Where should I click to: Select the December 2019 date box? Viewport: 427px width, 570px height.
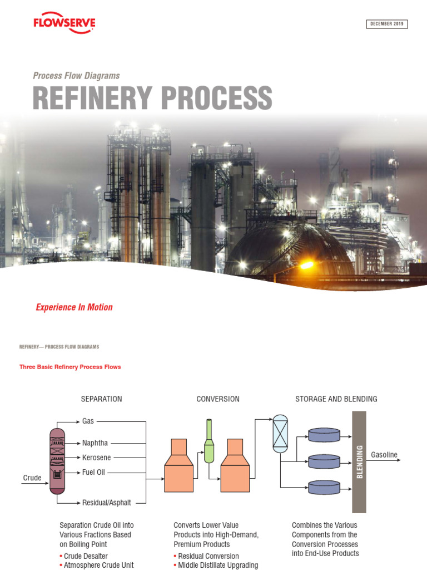(x=387, y=24)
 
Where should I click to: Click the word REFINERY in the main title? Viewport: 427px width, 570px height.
(x=92, y=98)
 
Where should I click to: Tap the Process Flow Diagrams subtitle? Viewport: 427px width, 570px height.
(x=76, y=76)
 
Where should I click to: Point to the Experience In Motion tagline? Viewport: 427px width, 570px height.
(x=74, y=307)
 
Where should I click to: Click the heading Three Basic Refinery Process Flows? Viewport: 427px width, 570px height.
(x=70, y=367)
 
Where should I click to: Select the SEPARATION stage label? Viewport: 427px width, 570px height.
(x=101, y=399)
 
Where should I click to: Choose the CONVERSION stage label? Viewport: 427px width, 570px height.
(x=218, y=399)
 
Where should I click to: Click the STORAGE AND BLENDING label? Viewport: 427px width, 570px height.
(x=336, y=399)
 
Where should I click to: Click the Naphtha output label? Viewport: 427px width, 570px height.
(x=95, y=444)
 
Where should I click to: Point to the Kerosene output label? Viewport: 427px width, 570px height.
(x=97, y=458)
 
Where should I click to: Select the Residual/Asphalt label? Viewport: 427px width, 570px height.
(x=107, y=503)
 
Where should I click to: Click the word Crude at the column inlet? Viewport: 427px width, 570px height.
(x=32, y=478)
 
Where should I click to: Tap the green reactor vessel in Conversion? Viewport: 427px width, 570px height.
(x=209, y=442)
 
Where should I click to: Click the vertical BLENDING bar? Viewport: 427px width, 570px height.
(x=359, y=462)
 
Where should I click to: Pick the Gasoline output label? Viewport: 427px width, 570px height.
(x=384, y=455)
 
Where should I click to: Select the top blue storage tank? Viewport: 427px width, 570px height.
(x=324, y=435)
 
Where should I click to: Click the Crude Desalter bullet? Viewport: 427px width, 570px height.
(x=86, y=556)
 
